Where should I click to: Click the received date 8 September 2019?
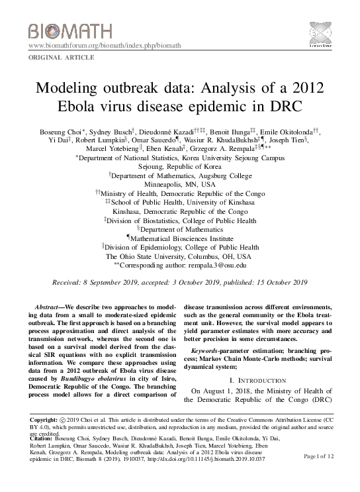coord(103,282)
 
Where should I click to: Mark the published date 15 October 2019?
coord(275,282)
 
